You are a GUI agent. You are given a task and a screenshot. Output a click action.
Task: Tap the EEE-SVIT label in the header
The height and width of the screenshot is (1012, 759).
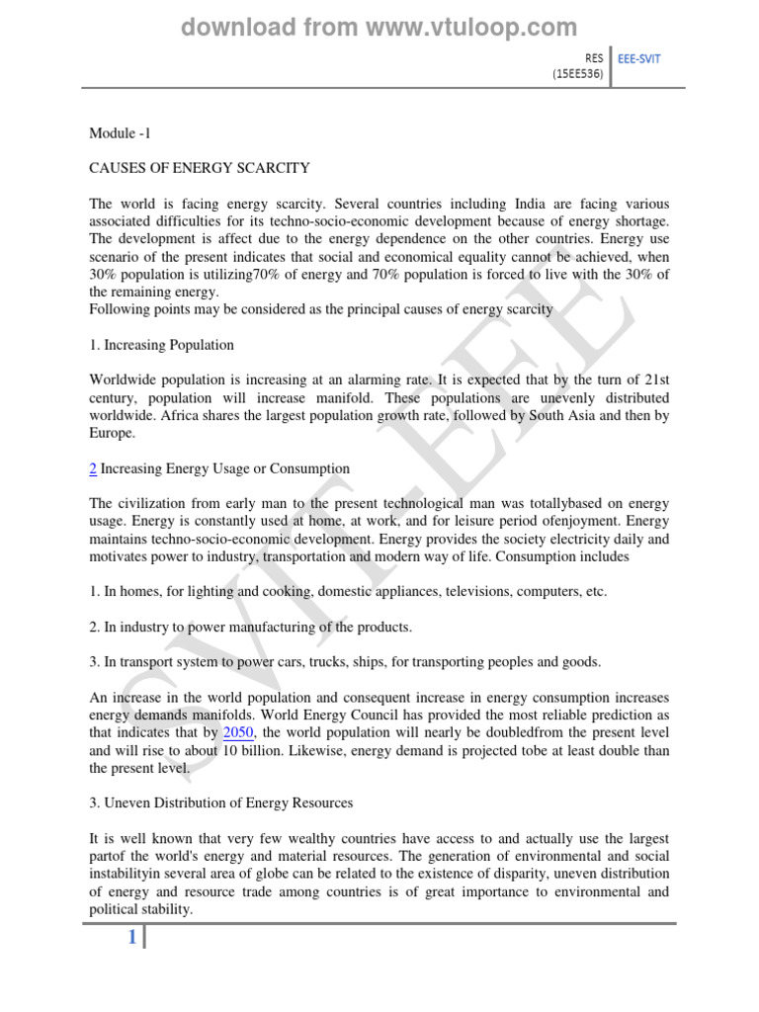pyautogui.click(x=638, y=58)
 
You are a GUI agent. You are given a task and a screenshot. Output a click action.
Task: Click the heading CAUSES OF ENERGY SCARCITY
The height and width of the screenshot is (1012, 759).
pyautogui.click(x=200, y=168)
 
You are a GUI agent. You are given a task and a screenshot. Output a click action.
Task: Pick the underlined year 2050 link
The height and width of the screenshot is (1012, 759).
pyautogui.click(x=239, y=731)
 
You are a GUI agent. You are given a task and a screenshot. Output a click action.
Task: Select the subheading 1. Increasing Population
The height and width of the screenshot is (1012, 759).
pyautogui.click(x=162, y=345)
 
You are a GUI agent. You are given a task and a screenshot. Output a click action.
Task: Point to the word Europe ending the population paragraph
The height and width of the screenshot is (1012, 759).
pyautogui.click(x=112, y=434)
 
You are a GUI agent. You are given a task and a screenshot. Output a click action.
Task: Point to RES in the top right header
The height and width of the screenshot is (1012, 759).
pyautogui.click(x=594, y=58)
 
